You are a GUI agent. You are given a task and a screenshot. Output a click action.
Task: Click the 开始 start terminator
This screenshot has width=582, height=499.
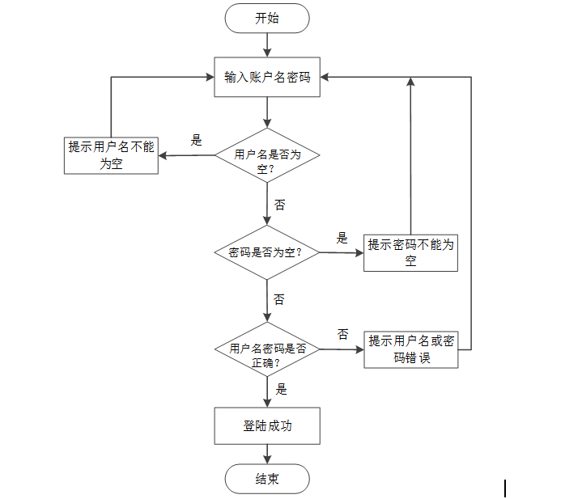point(267,19)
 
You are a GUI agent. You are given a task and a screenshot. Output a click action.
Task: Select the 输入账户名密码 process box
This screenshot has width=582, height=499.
point(267,78)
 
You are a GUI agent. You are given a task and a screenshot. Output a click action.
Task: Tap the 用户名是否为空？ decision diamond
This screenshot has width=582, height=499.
point(267,154)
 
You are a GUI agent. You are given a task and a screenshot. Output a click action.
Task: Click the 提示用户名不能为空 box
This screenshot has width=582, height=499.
point(111,155)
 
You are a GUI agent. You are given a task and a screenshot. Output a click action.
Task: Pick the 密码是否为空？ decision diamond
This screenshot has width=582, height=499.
point(266,252)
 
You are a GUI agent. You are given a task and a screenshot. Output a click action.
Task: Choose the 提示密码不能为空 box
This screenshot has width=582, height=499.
point(410,252)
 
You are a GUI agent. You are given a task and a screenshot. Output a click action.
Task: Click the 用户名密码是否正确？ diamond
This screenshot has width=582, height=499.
point(267,349)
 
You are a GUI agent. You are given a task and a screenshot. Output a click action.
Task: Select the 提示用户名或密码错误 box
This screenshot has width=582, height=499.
point(410,349)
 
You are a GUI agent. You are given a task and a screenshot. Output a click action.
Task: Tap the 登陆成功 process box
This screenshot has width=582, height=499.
point(267,425)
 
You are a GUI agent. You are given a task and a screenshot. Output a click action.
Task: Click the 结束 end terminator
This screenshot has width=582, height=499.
point(267,479)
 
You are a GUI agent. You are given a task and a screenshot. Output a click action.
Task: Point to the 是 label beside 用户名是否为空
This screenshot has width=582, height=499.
point(196,139)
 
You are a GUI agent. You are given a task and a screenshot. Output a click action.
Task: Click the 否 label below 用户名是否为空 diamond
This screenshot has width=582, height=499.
point(280,205)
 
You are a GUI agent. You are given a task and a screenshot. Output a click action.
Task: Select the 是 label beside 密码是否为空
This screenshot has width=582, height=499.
point(342,238)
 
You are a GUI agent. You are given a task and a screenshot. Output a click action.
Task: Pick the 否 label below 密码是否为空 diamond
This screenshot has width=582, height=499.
point(279,299)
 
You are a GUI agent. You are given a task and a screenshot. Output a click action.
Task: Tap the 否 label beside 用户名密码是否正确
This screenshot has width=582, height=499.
point(342,333)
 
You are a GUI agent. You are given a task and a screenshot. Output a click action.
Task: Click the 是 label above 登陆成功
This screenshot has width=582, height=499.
point(281,389)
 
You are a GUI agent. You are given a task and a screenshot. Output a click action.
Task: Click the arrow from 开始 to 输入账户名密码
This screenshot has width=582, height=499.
point(267,45)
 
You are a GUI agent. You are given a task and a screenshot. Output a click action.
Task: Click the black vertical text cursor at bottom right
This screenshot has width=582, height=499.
point(505,488)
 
